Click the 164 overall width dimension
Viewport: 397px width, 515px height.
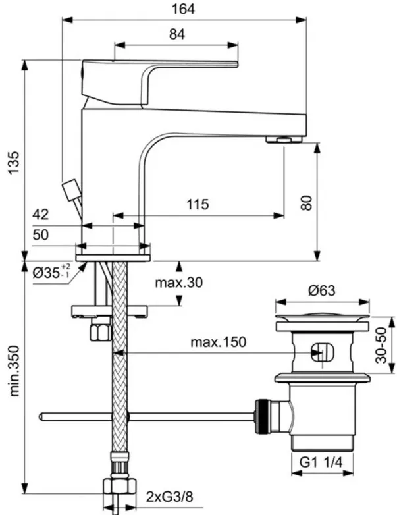[x=183, y=9]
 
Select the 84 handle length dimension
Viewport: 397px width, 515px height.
[x=177, y=34]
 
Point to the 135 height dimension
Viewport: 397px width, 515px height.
[x=14, y=163]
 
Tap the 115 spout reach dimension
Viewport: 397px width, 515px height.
[x=198, y=204]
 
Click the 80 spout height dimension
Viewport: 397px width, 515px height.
[x=306, y=203]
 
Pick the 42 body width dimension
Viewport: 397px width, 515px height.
[x=41, y=215]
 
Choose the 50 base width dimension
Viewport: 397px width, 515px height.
[x=41, y=234]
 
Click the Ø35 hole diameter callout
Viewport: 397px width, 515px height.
[x=51, y=271]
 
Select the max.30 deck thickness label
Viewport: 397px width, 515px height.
[x=179, y=282]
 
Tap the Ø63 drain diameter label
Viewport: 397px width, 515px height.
[x=322, y=290]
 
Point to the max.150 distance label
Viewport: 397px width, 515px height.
[x=218, y=342]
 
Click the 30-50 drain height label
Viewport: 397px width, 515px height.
[x=381, y=345]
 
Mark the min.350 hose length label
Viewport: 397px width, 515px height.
[x=14, y=371]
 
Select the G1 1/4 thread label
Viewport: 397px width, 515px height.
[x=321, y=462]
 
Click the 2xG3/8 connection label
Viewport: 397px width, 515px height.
[x=169, y=497]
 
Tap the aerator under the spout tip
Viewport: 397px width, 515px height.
[x=284, y=140]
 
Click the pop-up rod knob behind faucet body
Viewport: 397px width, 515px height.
[x=71, y=190]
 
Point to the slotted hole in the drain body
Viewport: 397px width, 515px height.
[x=323, y=352]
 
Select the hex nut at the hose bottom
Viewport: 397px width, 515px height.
[x=120, y=486]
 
